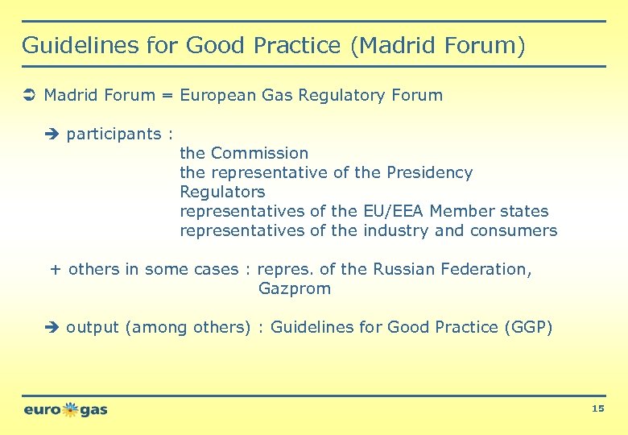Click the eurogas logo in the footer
tap(65, 409)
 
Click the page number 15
tap(597, 409)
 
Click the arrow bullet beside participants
tap(53, 135)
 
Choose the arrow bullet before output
tap(53, 328)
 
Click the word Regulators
tap(222, 192)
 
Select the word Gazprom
tap(295, 288)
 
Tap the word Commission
tap(260, 153)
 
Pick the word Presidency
tap(429, 172)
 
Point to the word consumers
tap(515, 230)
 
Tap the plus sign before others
tap(56, 269)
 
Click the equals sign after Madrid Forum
tap(167, 96)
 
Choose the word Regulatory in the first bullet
tap(342, 96)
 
